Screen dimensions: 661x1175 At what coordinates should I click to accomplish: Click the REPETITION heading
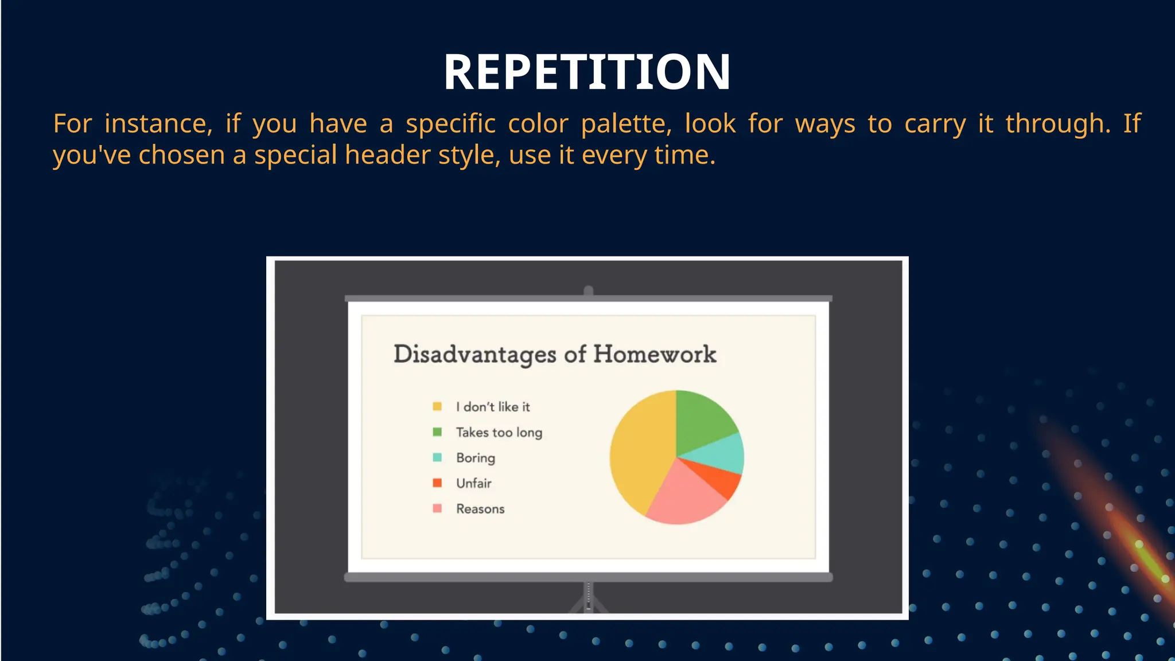click(587, 72)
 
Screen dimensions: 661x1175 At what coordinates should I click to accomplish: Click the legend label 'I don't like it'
click(493, 407)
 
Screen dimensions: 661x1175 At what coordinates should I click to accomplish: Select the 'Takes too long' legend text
click(499, 432)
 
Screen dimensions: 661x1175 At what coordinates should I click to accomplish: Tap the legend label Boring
click(475, 458)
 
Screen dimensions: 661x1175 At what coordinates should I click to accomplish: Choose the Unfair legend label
click(473, 483)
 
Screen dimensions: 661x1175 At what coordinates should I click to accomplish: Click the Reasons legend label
click(480, 509)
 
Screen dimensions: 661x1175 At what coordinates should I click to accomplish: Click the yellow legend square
click(437, 406)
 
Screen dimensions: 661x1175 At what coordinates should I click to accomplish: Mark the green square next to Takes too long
click(437, 431)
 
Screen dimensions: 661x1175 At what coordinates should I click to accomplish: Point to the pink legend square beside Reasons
click(437, 508)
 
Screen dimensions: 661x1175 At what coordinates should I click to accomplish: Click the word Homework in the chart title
click(654, 354)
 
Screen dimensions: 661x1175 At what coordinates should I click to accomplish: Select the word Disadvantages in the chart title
click(474, 355)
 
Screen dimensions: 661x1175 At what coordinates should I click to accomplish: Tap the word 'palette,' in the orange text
click(626, 124)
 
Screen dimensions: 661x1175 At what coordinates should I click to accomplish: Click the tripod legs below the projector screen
click(588, 602)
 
